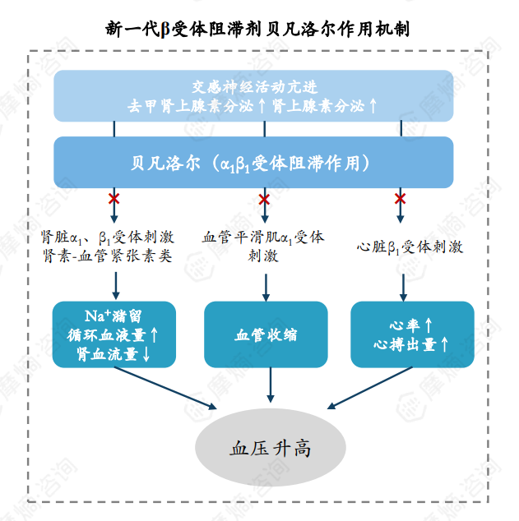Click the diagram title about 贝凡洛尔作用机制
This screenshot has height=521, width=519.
point(258,28)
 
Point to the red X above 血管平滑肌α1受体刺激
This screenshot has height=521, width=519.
point(264,199)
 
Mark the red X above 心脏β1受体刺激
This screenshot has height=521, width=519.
point(401,199)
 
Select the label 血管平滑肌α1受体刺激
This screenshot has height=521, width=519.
point(263,246)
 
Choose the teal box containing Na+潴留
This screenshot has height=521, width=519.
point(114,334)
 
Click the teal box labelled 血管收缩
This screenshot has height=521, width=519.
point(266,334)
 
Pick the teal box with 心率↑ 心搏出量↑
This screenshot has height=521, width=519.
point(412,334)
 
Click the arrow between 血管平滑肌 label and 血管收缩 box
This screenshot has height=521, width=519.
point(264,284)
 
